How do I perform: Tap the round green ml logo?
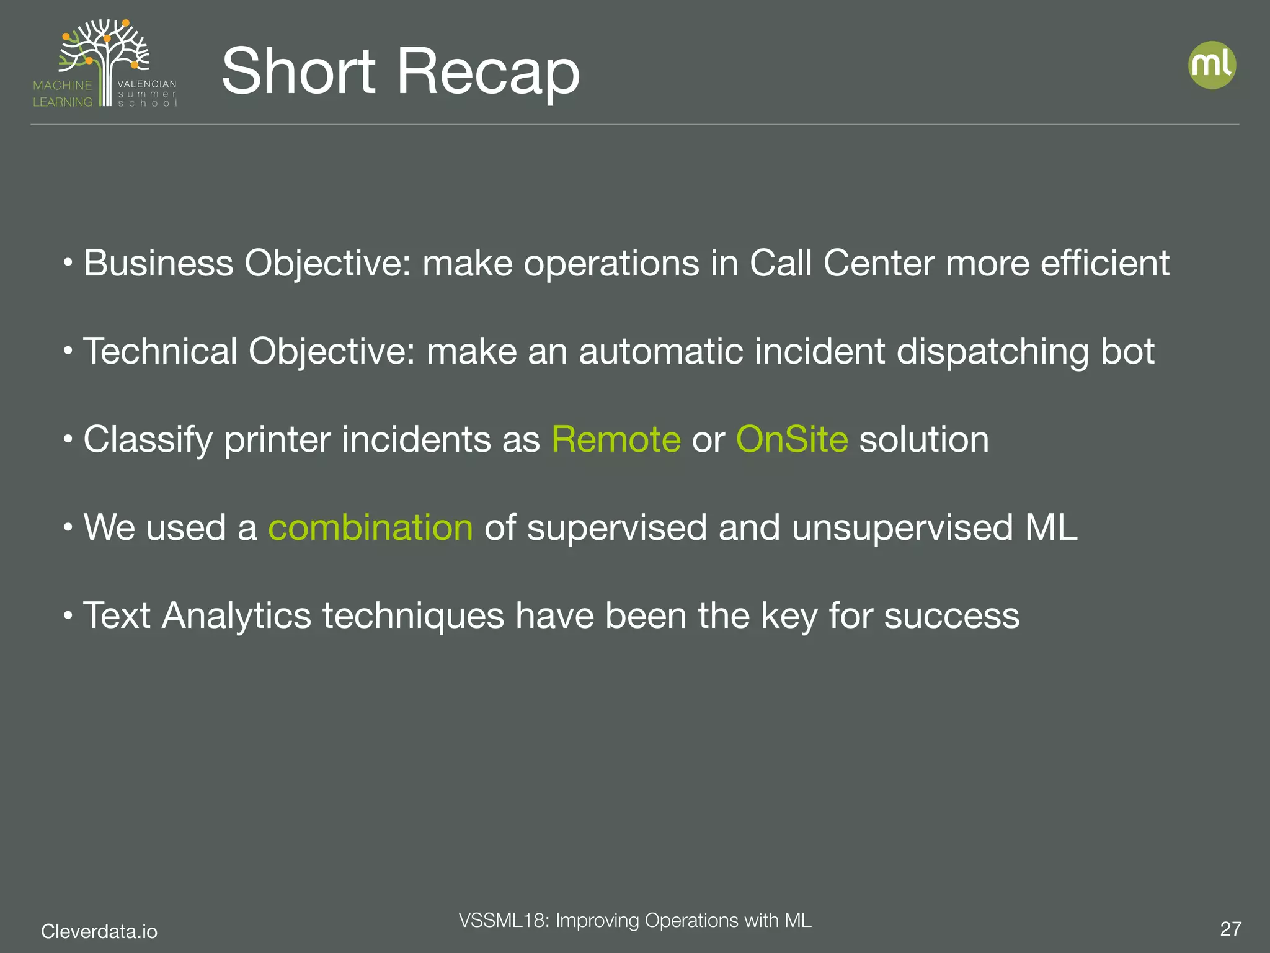pyautogui.click(x=1212, y=65)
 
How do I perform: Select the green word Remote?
pyautogui.click(x=616, y=440)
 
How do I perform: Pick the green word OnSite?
pyautogui.click(x=791, y=440)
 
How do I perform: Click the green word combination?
pyautogui.click(x=370, y=528)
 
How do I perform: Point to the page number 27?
pyautogui.click(x=1230, y=929)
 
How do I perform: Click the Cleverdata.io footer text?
pyautogui.click(x=99, y=931)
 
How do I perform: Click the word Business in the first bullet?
pyautogui.click(x=158, y=263)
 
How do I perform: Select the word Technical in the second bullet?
pyautogui.click(x=160, y=351)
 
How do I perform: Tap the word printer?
pyautogui.click(x=277, y=440)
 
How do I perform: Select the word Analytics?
pyautogui.click(x=236, y=616)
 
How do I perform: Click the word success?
pyautogui.click(x=951, y=616)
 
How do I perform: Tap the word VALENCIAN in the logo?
pyautogui.click(x=147, y=84)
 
